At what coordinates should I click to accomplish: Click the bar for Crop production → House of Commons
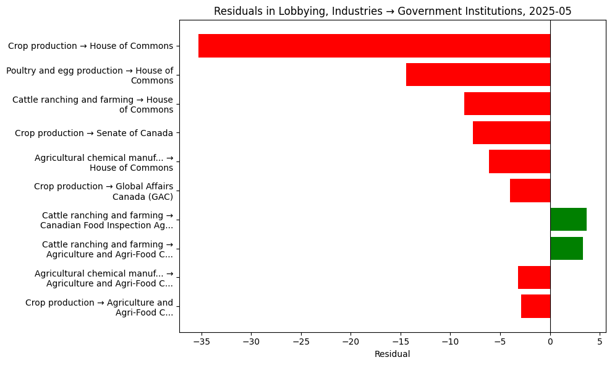[x=374, y=46]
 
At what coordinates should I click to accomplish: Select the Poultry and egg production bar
[x=478, y=75]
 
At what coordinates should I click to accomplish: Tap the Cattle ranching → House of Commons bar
[x=507, y=103]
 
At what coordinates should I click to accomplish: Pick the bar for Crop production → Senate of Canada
[x=511, y=132]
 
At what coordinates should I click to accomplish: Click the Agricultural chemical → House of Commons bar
[x=519, y=161]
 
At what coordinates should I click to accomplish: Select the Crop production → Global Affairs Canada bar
[x=530, y=191]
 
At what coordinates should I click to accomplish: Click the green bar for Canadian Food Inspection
[x=568, y=220]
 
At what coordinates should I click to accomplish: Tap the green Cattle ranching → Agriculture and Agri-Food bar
[x=566, y=248]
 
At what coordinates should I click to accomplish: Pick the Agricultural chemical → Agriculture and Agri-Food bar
[x=534, y=277]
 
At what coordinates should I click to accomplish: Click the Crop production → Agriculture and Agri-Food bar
[x=535, y=306]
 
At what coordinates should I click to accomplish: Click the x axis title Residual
[x=392, y=354]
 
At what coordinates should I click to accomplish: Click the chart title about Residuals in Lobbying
[x=392, y=11]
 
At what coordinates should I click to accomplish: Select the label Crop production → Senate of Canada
[x=93, y=133]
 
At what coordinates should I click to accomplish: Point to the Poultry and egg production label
[x=90, y=75]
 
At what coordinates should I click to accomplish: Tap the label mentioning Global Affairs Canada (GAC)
[x=103, y=191]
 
